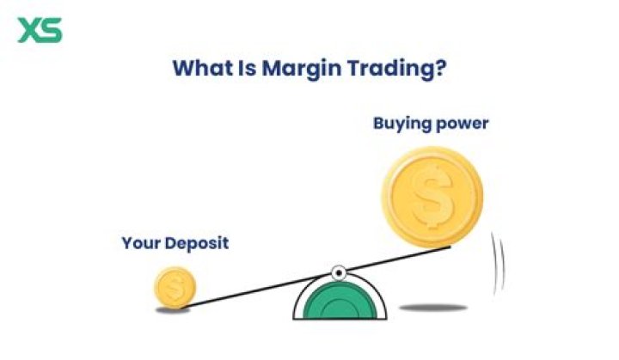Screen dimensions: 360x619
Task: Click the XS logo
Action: tap(40, 30)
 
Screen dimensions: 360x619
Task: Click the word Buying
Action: tap(400, 123)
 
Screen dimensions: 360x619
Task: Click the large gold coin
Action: tap(432, 197)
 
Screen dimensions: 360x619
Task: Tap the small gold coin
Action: tap(175, 286)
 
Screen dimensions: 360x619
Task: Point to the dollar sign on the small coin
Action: tap(175, 287)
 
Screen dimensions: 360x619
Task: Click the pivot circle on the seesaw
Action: tap(339, 273)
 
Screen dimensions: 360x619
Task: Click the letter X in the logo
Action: tap(28, 30)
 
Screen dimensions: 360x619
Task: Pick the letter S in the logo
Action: tap(51, 30)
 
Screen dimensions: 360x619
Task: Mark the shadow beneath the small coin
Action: tap(173, 310)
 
